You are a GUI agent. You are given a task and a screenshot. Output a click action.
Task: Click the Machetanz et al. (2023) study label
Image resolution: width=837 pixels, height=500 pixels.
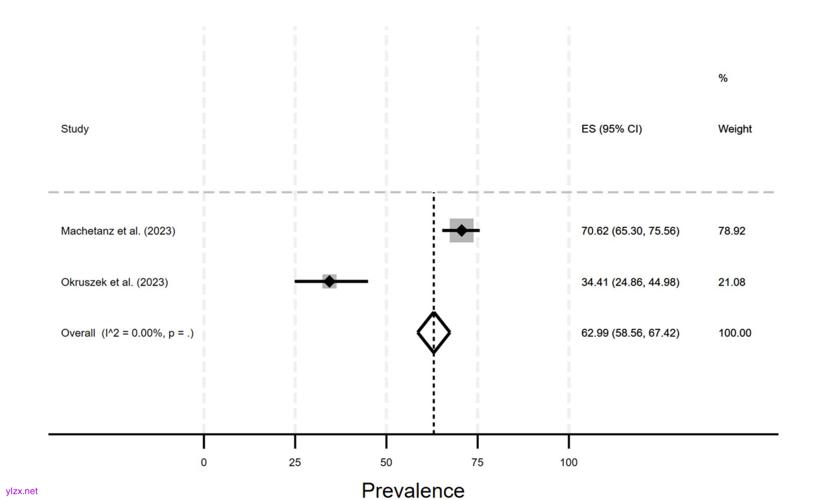tap(118, 231)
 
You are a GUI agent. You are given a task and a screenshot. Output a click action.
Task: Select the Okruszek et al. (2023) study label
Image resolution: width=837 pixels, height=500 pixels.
tap(114, 282)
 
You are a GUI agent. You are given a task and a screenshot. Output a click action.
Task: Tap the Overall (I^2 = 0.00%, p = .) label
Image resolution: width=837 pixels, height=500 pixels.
tap(127, 333)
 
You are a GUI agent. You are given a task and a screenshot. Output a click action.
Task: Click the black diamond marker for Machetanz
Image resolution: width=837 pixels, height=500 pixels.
tap(461, 230)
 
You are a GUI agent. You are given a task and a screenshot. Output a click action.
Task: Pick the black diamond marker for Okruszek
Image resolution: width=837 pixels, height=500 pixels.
tap(329, 281)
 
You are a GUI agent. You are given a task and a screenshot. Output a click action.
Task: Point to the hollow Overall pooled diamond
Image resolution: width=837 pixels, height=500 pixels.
tap(434, 332)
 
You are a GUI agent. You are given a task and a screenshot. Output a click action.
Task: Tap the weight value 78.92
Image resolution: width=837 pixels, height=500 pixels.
tap(731, 231)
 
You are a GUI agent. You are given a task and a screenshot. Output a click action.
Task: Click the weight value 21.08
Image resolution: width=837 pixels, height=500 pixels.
tap(731, 282)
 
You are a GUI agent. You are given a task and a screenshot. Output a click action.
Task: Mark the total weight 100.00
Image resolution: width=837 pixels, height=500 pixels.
tap(734, 333)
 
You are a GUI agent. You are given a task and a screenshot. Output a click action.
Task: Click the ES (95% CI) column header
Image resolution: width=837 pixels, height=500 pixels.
tap(611, 129)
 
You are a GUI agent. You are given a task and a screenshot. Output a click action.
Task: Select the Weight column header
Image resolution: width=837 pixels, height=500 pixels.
tap(734, 129)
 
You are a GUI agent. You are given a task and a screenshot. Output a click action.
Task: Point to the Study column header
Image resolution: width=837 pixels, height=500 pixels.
tap(75, 129)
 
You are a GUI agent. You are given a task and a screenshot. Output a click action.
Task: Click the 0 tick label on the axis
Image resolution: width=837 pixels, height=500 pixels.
tap(203, 462)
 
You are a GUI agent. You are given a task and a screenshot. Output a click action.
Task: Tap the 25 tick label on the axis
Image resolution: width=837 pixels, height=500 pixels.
tap(295, 462)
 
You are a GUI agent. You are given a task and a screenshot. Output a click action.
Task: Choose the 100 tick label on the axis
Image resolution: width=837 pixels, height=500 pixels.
tap(568, 462)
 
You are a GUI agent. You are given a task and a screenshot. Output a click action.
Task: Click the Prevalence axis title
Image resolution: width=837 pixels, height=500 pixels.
tap(413, 490)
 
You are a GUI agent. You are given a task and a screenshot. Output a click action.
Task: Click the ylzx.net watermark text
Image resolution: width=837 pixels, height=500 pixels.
tap(22, 491)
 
